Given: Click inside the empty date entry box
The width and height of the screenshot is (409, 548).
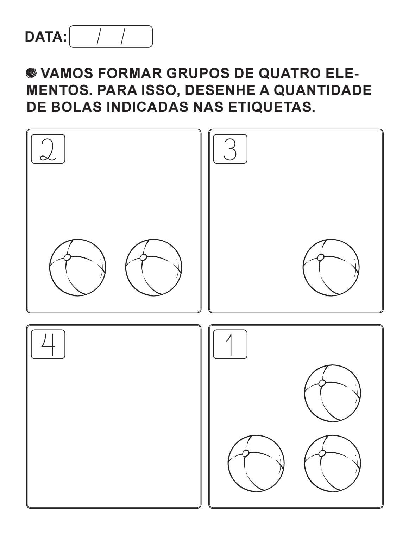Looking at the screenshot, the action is click(111, 37).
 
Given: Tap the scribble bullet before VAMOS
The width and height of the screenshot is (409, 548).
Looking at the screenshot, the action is click(31, 74).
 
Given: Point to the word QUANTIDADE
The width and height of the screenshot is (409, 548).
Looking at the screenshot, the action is click(322, 90).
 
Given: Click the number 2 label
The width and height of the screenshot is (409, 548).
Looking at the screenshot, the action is click(48, 149).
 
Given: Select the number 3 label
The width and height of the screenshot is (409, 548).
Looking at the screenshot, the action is click(230, 149).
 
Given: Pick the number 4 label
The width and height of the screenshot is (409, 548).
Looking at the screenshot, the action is click(48, 344).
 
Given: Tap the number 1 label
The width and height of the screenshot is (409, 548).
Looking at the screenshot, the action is click(230, 344).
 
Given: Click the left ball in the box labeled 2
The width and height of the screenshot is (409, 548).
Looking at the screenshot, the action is click(77, 268).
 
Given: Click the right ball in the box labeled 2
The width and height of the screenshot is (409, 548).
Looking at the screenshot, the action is click(154, 268).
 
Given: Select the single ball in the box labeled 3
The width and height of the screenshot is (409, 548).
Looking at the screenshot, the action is click(331, 268).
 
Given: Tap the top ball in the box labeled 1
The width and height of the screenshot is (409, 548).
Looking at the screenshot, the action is click(333, 393).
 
